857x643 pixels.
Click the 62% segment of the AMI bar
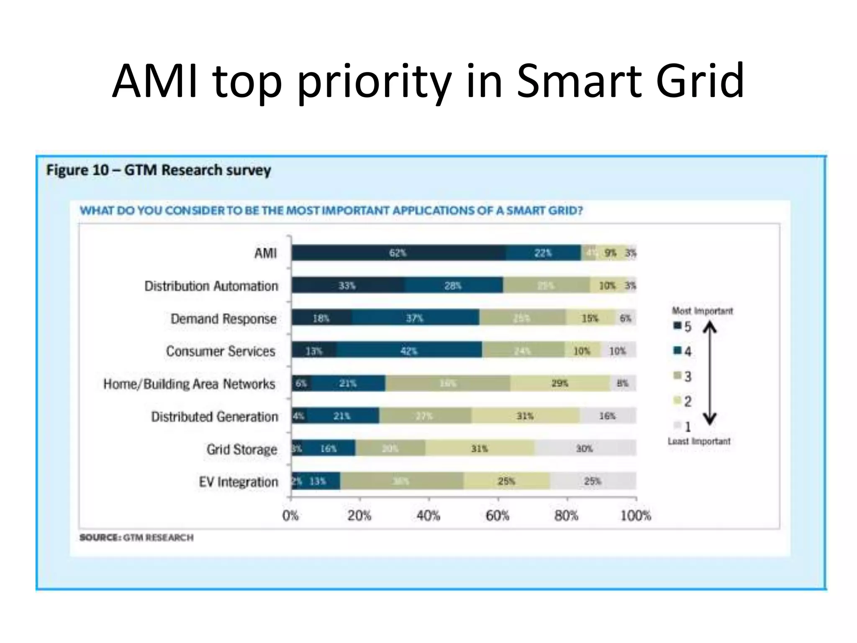tap(398, 253)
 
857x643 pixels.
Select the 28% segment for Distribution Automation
tap(453, 285)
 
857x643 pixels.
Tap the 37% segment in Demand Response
tap(415, 318)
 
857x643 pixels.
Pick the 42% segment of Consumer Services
tap(409, 351)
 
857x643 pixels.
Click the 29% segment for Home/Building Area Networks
tap(560, 383)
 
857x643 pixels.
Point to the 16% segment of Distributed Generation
tap(607, 416)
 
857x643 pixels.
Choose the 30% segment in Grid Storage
tap(585, 449)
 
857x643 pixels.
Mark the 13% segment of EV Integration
tap(318, 481)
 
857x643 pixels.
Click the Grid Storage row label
tap(242, 449)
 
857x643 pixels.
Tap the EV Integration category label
tap(239, 482)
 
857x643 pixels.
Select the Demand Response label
tap(223, 319)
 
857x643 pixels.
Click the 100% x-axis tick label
tap(636, 515)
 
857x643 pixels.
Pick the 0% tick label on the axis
tap(290, 515)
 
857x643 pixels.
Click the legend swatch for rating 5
tap(677, 326)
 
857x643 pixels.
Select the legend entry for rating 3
tap(683, 376)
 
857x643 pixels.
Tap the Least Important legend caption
tap(699, 441)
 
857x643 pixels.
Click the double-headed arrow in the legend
tap(710, 373)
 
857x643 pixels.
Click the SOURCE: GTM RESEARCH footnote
tap(136, 538)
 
